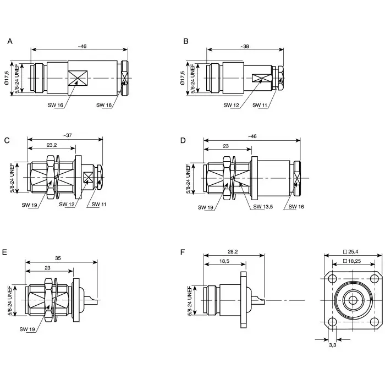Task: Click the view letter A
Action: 10,41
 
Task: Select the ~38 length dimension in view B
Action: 245,46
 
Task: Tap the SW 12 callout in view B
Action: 230,105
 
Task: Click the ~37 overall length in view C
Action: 67,135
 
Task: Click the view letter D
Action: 184,140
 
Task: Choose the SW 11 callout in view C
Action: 100,204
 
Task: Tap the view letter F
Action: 184,252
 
